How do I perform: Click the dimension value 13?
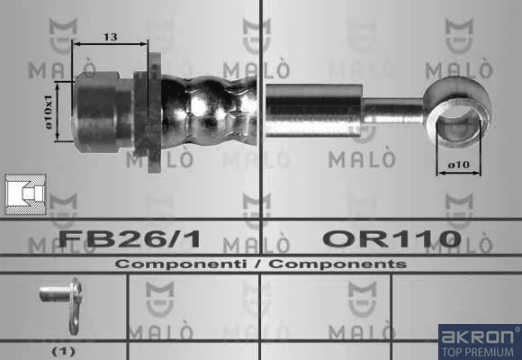pos(110,36)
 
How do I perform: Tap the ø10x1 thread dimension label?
pos(49,112)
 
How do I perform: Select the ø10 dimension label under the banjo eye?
pos(458,165)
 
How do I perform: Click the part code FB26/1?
pos(130,238)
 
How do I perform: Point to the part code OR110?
pos(391,238)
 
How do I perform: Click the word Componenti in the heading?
pos(181,264)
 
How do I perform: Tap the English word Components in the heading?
pos(337,264)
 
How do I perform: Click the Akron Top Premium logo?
pos(480,342)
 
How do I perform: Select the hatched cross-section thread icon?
pos(25,194)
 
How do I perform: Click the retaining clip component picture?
pos(61,305)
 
